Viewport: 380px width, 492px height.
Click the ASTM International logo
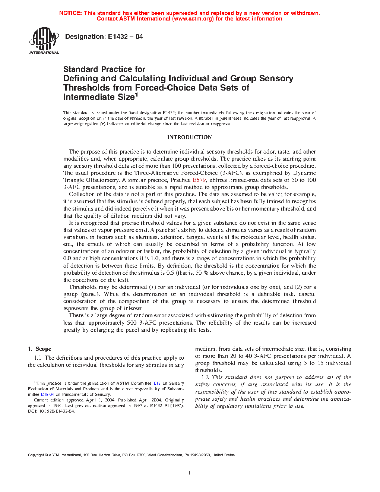point(44,41)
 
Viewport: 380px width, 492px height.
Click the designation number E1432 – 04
point(125,37)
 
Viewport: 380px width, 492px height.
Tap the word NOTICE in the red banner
point(70,13)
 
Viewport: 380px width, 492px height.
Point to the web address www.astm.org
point(193,19)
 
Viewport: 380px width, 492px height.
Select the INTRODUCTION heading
point(189,137)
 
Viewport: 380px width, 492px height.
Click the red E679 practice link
point(199,180)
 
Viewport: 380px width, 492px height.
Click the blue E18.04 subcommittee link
point(48,394)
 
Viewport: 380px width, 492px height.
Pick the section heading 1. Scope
point(39,349)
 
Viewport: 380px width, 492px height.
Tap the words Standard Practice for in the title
point(104,69)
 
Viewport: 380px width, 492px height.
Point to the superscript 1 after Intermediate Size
point(136,95)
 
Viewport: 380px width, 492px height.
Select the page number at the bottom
point(190,473)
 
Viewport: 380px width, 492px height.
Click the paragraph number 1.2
point(205,377)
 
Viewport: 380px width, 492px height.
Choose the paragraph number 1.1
point(38,358)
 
